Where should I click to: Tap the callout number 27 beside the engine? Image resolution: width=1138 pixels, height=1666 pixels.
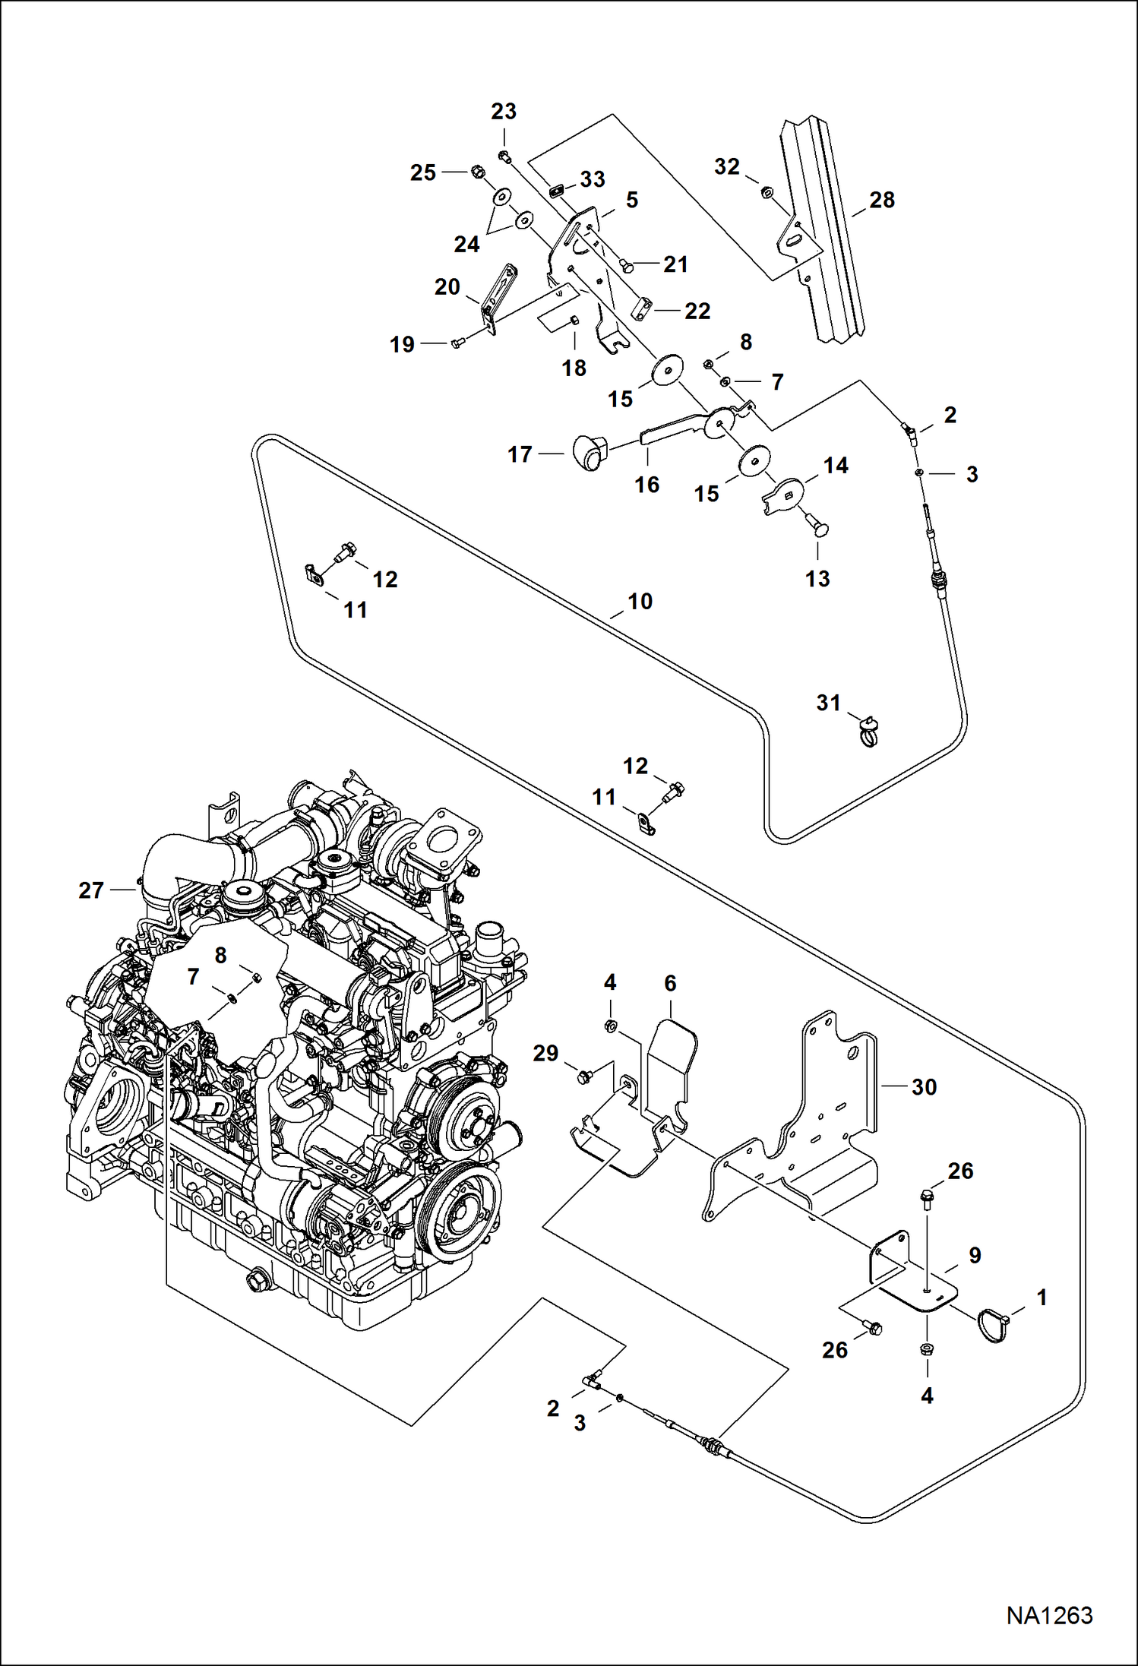tap(91, 890)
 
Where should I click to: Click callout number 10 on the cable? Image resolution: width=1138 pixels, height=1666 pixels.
tap(640, 602)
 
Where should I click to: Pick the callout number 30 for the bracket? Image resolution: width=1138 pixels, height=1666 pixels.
tap(924, 1087)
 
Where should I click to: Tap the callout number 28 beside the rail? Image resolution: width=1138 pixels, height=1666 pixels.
tap(882, 201)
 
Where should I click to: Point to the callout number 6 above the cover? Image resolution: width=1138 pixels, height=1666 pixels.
tap(670, 984)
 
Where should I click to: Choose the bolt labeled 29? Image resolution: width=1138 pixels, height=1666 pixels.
tap(585, 1075)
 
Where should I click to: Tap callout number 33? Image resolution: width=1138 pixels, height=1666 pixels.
tap(593, 180)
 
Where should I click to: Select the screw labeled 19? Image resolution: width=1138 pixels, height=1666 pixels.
tap(457, 344)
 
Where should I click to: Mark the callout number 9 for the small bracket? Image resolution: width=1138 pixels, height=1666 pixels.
tap(975, 1255)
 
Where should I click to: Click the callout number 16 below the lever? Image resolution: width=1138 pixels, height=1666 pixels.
tap(646, 485)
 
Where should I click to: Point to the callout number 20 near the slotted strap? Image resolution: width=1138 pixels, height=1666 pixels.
tap(447, 287)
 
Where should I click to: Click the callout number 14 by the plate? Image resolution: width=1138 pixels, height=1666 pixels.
tap(836, 466)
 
